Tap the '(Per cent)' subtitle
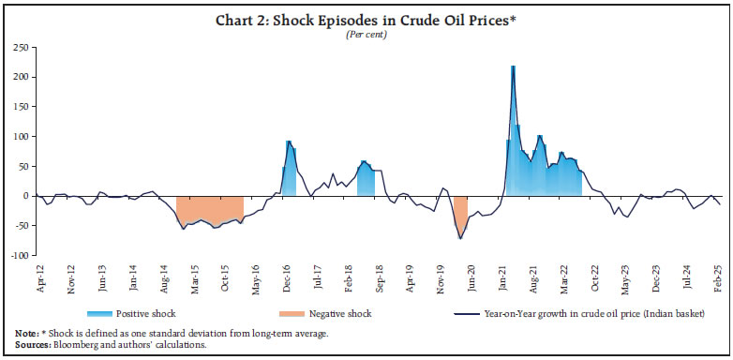(366, 34)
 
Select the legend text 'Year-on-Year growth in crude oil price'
(581, 312)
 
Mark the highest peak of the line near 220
(513, 67)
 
